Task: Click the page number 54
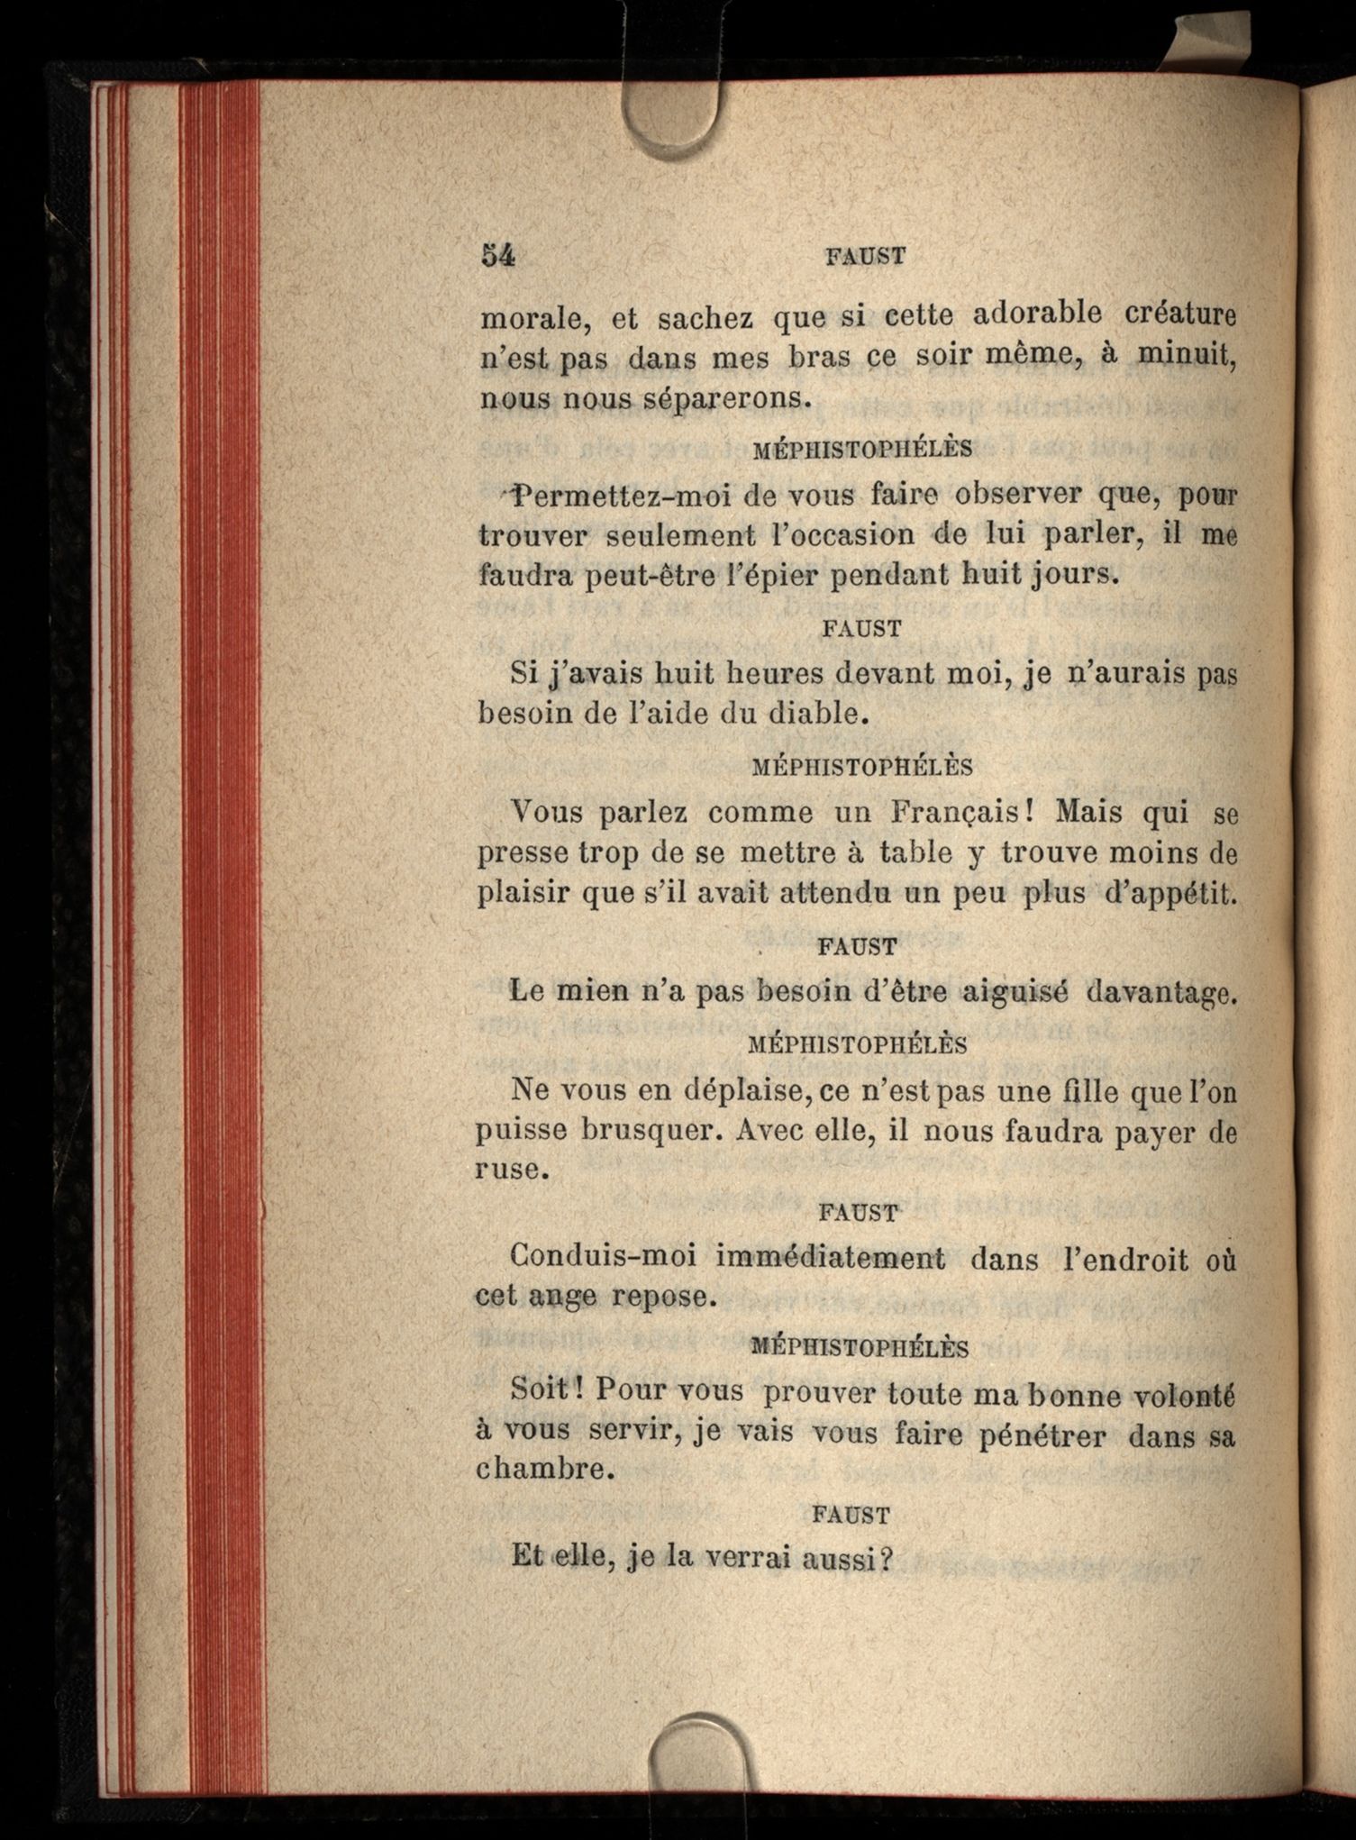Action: pyautogui.click(x=497, y=255)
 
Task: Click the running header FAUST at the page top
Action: pyautogui.click(x=865, y=257)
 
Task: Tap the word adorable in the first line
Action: pyautogui.click(x=1038, y=314)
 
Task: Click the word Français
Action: pyautogui.click(x=960, y=812)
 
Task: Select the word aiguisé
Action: pyautogui.click(x=1014, y=992)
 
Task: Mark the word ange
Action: pyautogui.click(x=562, y=1297)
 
